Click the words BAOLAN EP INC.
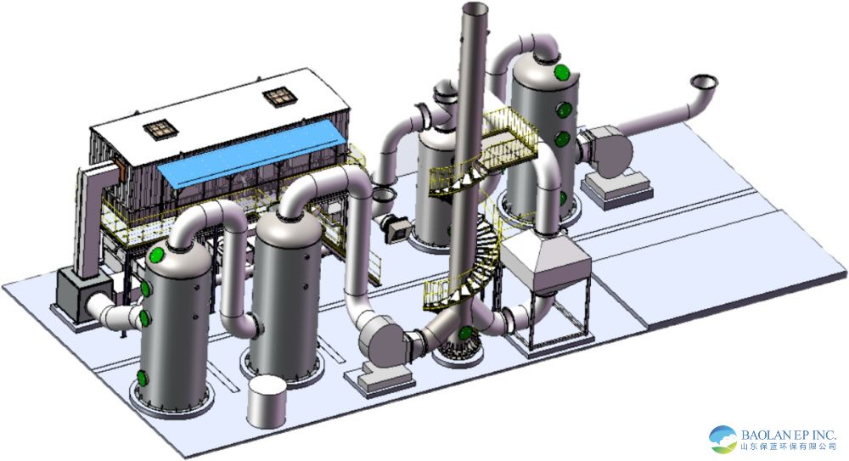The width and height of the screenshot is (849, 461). [x=789, y=435]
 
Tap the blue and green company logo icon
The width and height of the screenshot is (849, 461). [x=723, y=439]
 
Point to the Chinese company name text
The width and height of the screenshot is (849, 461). [x=789, y=447]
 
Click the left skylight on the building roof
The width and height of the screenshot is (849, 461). [x=160, y=129]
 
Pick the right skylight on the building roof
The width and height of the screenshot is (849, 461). [x=280, y=97]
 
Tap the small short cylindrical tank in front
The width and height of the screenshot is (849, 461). [x=267, y=402]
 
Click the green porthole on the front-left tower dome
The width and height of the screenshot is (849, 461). [x=157, y=254]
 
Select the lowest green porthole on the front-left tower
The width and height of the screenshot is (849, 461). [x=142, y=378]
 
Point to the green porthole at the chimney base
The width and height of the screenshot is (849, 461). [x=464, y=333]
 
